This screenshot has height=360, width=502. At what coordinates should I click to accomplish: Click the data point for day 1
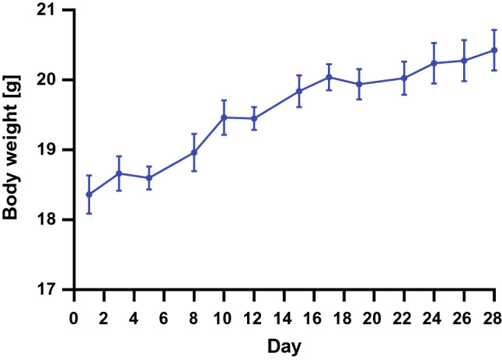tap(89, 194)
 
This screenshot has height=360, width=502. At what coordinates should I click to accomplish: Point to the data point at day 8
tap(193, 152)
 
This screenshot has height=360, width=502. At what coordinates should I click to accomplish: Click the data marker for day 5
tap(148, 177)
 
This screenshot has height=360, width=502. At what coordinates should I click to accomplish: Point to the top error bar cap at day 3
tap(119, 156)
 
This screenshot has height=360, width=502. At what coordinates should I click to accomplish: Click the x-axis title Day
tap(284, 344)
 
